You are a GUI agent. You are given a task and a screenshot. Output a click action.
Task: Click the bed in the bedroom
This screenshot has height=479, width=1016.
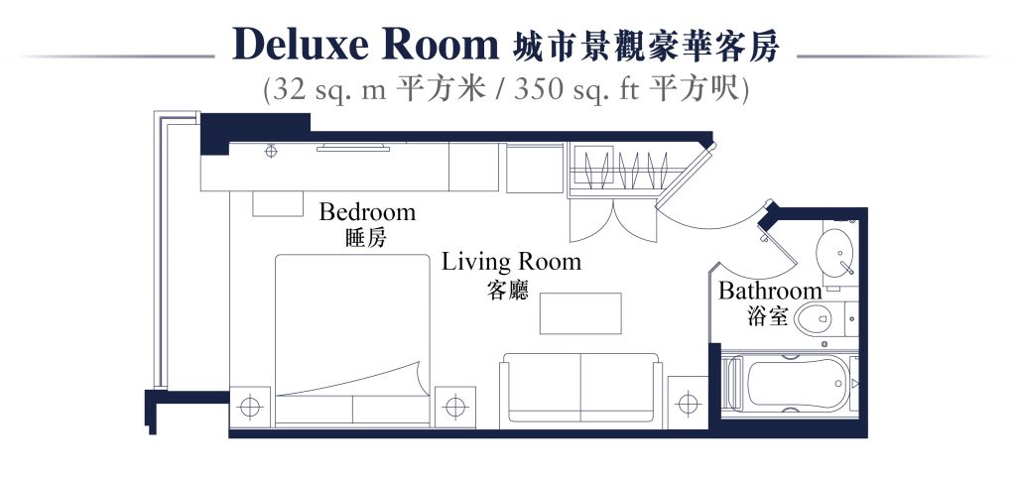352,339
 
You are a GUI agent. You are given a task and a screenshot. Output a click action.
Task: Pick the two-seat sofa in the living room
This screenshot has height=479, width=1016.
580,391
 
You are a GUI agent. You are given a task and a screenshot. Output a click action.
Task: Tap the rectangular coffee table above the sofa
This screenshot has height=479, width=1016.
580,313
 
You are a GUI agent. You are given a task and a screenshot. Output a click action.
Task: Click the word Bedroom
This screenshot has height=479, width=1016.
367,211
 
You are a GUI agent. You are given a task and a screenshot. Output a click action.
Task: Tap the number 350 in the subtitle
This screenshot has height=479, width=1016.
537,89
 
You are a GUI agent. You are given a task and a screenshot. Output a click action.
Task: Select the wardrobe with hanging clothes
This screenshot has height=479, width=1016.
617,170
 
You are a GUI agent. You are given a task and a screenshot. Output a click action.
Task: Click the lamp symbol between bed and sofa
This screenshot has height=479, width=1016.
454,407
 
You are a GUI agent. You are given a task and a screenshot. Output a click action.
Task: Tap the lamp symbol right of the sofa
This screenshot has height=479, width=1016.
688,404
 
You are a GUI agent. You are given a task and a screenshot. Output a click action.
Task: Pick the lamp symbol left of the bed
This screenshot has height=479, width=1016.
249,407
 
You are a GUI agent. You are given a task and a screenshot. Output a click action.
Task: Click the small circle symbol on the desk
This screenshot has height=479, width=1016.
271,152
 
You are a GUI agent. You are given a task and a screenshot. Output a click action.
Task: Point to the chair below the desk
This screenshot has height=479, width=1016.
278,203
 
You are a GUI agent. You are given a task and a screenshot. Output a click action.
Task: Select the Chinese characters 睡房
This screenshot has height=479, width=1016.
367,238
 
